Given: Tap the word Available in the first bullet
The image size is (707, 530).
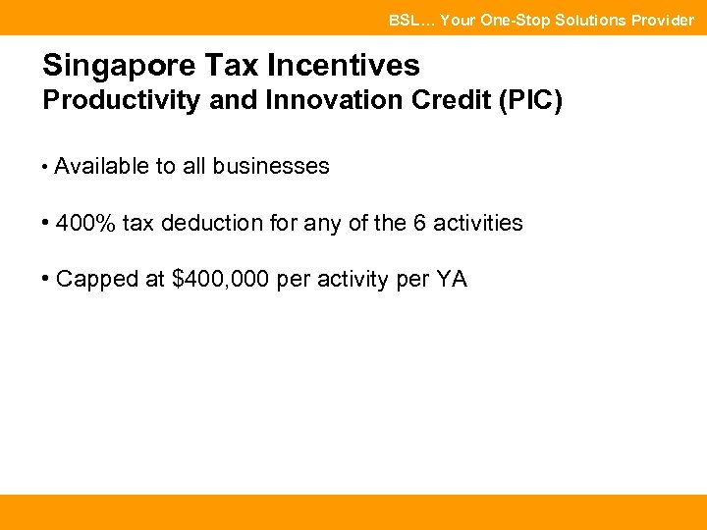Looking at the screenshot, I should (101, 167).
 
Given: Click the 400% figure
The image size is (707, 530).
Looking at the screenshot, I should (85, 224).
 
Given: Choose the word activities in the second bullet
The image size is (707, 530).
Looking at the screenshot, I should (477, 224).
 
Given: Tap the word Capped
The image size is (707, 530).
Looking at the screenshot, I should (96, 280).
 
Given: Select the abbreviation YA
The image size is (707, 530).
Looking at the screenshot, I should (452, 280).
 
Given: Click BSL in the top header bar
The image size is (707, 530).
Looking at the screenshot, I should (403, 20).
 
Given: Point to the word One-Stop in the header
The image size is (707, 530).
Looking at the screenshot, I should (509, 20).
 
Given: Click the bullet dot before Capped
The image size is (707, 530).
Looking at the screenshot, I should (46, 280).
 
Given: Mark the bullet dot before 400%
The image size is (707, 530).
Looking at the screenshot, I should (46, 224).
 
